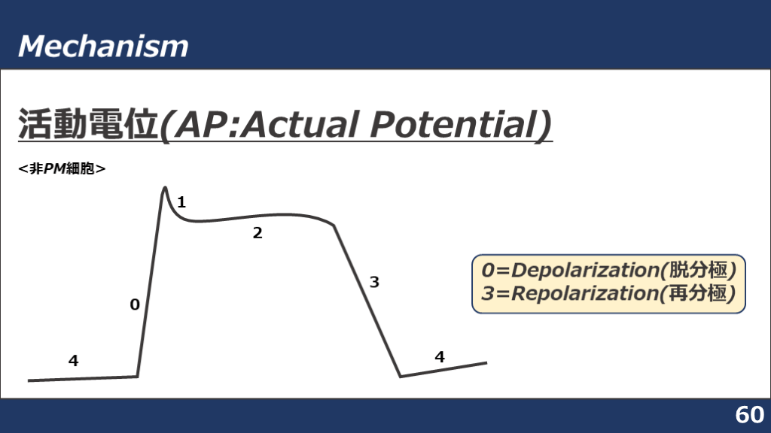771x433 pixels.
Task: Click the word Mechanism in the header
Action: pyautogui.click(x=103, y=46)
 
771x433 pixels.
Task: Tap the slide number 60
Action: pyautogui.click(x=749, y=415)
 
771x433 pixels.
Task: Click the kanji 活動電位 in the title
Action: pyautogui.click(x=87, y=124)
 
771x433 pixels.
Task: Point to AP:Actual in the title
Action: pyautogui.click(x=267, y=124)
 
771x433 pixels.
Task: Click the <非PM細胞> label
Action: pyautogui.click(x=62, y=169)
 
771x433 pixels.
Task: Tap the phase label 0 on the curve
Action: pyautogui.click(x=135, y=305)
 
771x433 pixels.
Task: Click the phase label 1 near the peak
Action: pyautogui.click(x=181, y=202)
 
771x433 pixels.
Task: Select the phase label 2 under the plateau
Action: pyautogui.click(x=258, y=233)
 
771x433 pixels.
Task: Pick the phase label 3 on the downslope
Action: pyautogui.click(x=374, y=283)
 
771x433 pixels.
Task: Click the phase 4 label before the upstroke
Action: pyautogui.click(x=73, y=361)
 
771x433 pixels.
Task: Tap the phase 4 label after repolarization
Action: pyautogui.click(x=440, y=357)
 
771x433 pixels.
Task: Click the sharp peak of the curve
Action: pyautogui.click(x=165, y=187)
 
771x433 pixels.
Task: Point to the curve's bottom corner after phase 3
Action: pyautogui.click(x=401, y=377)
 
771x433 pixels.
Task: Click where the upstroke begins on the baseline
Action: pyautogui.click(x=137, y=377)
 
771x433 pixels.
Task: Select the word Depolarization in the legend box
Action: pyautogui.click(x=585, y=271)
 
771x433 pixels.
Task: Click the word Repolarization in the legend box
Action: pyautogui.click(x=584, y=294)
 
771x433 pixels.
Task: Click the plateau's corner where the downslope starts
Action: pyautogui.click(x=334, y=226)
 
